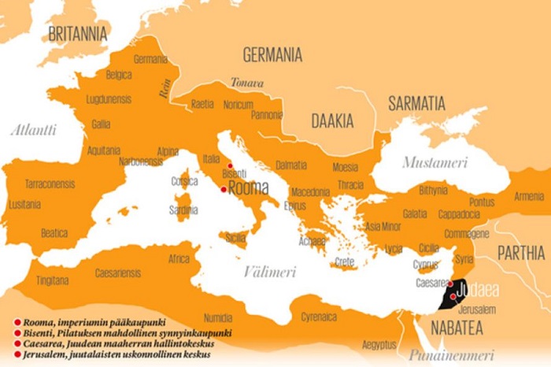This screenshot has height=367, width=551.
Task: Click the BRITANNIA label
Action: coord(77,34)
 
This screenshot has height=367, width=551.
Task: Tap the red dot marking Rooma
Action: coord(224,190)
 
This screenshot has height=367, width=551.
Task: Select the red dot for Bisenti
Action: coord(229,165)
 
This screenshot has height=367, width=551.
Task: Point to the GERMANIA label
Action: coord(272,55)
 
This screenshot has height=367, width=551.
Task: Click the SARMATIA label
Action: coord(416,103)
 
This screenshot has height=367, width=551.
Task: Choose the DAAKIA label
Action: coord(332,121)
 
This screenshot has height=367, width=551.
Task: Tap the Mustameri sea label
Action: coord(435,162)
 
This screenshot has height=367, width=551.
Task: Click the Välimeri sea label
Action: coord(269,272)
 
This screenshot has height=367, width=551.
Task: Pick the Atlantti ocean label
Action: coord(33,130)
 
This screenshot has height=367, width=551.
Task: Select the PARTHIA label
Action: coord(520,253)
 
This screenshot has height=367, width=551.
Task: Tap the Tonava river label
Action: coord(246,82)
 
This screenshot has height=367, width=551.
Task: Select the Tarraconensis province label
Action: coord(49,183)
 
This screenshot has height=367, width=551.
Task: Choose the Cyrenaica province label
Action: coord(320,317)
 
